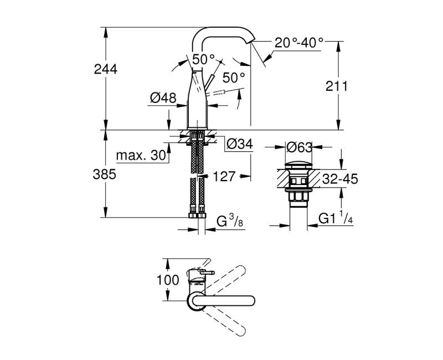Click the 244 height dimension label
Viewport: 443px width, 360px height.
tap(105, 70)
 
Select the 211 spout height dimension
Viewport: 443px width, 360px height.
tap(337, 86)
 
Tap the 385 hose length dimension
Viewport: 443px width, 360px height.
tap(105, 174)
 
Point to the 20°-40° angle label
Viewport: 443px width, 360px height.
tap(300, 43)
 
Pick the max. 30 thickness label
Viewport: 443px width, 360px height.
tap(142, 157)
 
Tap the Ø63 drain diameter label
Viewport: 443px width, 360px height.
tap(300, 147)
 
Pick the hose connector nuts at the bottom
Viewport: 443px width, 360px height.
tap(198, 214)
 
